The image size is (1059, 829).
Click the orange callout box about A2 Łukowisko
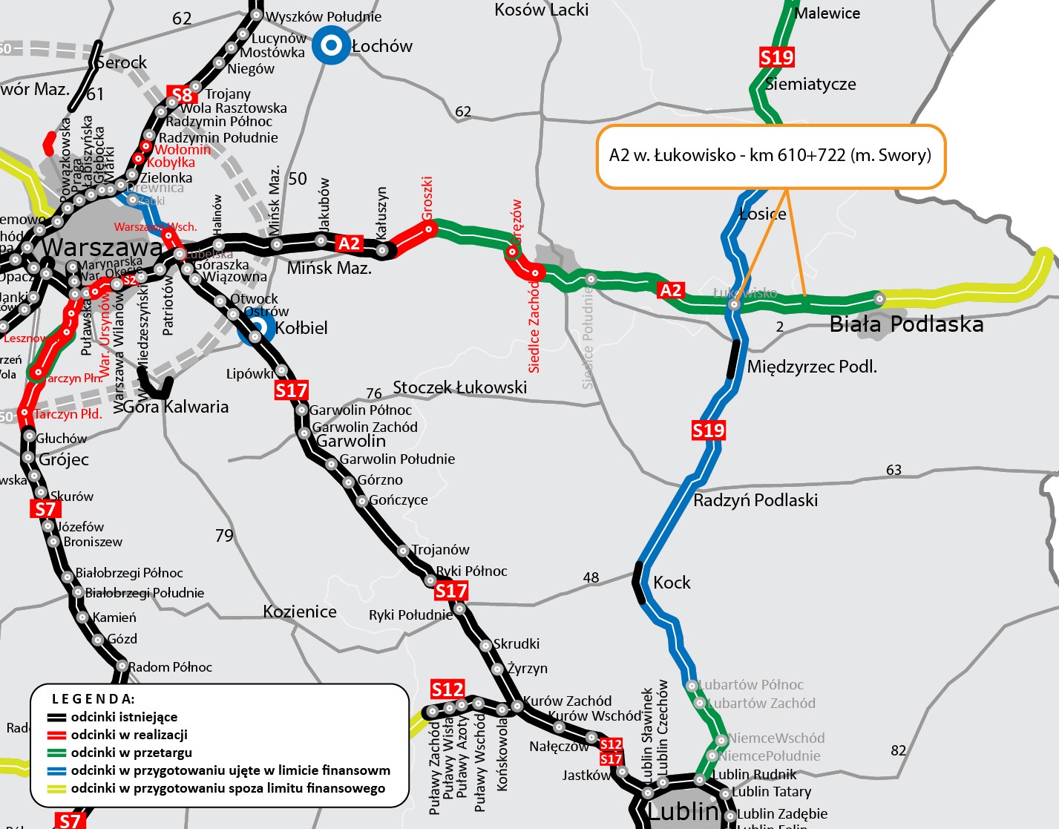pyautogui.click(x=770, y=156)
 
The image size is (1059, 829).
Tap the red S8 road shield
pyautogui.click(x=182, y=95)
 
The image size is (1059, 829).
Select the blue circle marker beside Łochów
pyautogui.click(x=331, y=46)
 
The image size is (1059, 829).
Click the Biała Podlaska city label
pyautogui.click(x=906, y=324)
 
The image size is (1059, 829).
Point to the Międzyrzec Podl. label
pyautogui.click(x=812, y=367)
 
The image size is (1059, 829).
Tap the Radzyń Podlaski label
pyautogui.click(x=755, y=500)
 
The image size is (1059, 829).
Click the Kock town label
pyautogui.click(x=672, y=583)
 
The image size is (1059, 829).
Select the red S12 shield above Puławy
pyautogui.click(x=447, y=689)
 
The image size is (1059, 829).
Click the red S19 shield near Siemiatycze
pyautogui.click(x=777, y=57)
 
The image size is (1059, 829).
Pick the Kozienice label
pyautogui.click(x=300, y=612)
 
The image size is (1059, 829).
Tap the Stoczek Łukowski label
pyautogui.click(x=460, y=387)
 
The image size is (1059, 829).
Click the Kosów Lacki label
pyautogui.click(x=542, y=10)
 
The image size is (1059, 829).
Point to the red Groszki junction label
pyautogui.click(x=427, y=198)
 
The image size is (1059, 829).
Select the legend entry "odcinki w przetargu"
pyautogui.click(x=131, y=753)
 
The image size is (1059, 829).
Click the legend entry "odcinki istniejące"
pyautogui.click(x=124, y=717)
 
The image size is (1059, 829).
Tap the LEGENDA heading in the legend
pyautogui.click(x=94, y=699)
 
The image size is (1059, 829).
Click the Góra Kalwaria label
pyautogui.click(x=176, y=407)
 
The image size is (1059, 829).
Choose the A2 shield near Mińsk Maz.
pyautogui.click(x=349, y=243)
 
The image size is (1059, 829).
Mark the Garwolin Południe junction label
pyautogui.click(x=397, y=459)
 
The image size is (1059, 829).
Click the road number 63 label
pyautogui.click(x=894, y=470)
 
